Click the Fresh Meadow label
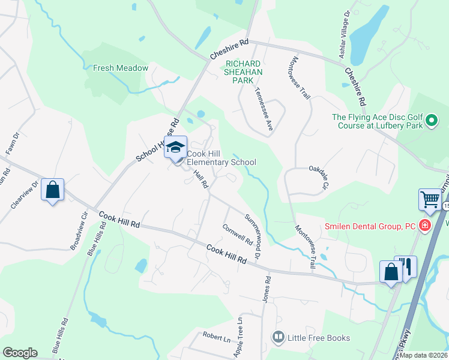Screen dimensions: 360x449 coord(120,68)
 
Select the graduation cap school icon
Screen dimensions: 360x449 coord(176,147)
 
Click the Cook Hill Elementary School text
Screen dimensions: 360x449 coord(221,158)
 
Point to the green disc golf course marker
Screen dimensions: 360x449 coord(431,122)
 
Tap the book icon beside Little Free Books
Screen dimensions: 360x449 coord(277,338)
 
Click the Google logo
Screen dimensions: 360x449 coord(20,353)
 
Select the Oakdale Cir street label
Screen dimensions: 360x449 coord(319,178)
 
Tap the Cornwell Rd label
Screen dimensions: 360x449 coord(237,235)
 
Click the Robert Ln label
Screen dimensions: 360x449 coord(216,337)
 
